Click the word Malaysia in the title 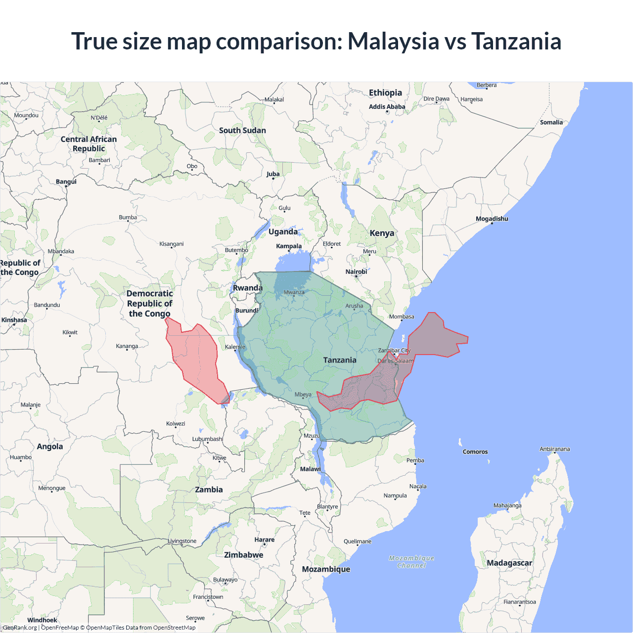pyautogui.click(x=393, y=42)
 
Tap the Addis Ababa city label pyautogui.click(x=387, y=107)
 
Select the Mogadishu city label pyautogui.click(x=492, y=219)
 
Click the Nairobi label pyautogui.click(x=356, y=271)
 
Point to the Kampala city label pyautogui.click(x=289, y=246)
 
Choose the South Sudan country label pyautogui.click(x=242, y=131)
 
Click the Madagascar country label pyautogui.click(x=509, y=563)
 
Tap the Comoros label pyautogui.click(x=475, y=452)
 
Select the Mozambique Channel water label pyautogui.click(x=411, y=562)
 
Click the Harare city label pyautogui.click(x=264, y=540)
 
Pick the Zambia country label pyautogui.click(x=209, y=490)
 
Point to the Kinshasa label pyautogui.click(x=14, y=320)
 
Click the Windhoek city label pyautogui.click(x=42, y=620)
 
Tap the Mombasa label pyautogui.click(x=402, y=316)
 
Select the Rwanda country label pyautogui.click(x=247, y=288)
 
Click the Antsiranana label pyautogui.click(x=554, y=449)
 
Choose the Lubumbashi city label pyautogui.click(x=207, y=439)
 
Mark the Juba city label pyautogui.click(x=273, y=174)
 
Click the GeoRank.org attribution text pyautogui.click(x=20, y=628)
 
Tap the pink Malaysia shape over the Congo pyautogui.click(x=195, y=356)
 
